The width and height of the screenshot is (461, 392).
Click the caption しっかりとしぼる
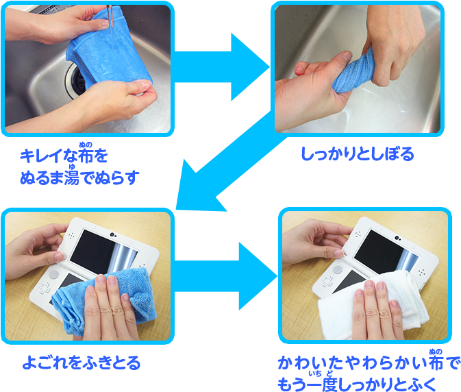[358, 154]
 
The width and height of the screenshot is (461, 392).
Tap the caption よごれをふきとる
[82, 363]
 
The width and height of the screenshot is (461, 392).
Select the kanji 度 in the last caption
[330, 384]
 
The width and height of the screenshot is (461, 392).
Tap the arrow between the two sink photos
[222, 67]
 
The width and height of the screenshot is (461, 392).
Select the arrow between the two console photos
[226, 276]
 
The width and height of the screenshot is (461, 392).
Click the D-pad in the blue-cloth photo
[45, 288]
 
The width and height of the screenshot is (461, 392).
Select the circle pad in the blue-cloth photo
[54, 274]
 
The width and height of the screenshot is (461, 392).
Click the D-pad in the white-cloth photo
[327, 282]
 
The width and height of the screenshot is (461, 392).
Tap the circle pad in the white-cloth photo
[338, 269]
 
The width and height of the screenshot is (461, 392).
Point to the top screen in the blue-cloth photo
[103, 252]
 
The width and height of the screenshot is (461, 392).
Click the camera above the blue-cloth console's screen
[112, 234]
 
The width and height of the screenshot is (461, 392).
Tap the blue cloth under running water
[109, 47]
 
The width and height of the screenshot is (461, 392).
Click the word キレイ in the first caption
[41, 156]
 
